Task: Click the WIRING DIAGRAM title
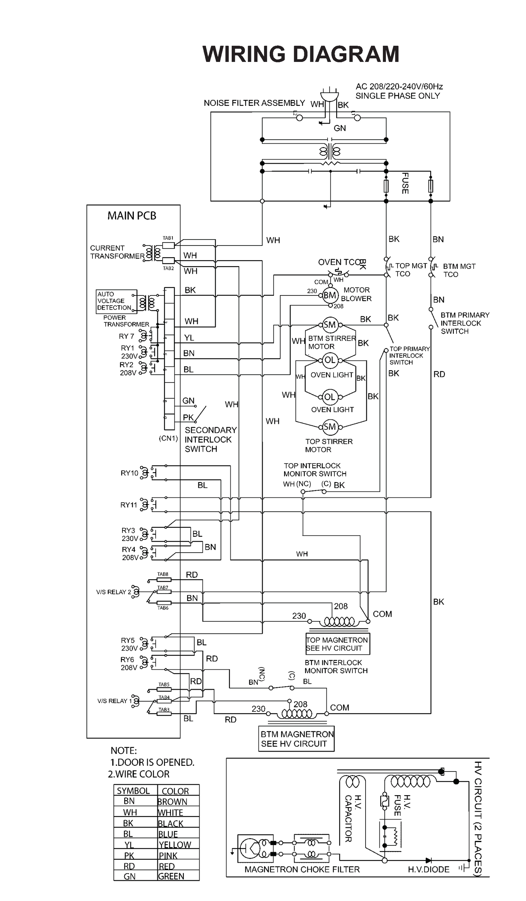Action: pyautogui.click(x=301, y=54)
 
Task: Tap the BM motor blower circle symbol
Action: pyautogui.click(x=330, y=295)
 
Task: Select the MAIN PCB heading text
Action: pyautogui.click(x=131, y=216)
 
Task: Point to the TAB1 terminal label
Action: pyautogui.click(x=168, y=238)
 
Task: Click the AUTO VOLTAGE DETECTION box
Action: pyautogui.click(x=116, y=301)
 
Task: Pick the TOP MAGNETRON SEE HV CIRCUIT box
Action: pyautogui.click(x=337, y=644)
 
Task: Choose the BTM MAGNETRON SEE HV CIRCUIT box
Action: pyautogui.click(x=296, y=739)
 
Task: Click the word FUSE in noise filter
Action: pyautogui.click(x=405, y=183)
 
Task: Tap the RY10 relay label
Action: pyautogui.click(x=129, y=473)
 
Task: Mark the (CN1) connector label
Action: pyautogui.click(x=168, y=438)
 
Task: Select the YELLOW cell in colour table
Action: pyautogui.click(x=175, y=845)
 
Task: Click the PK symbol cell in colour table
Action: pyautogui.click(x=129, y=856)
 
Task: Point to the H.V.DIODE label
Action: pyautogui.click(x=428, y=869)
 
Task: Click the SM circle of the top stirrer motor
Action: pyautogui.click(x=330, y=427)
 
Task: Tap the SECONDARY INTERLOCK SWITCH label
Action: pyautogui.click(x=210, y=439)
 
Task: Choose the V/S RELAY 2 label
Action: pyautogui.click(x=113, y=592)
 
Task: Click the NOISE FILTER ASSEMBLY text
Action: pyautogui.click(x=254, y=103)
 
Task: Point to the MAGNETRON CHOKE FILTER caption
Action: pyautogui.click(x=302, y=869)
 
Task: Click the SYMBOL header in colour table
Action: pyautogui.click(x=133, y=791)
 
